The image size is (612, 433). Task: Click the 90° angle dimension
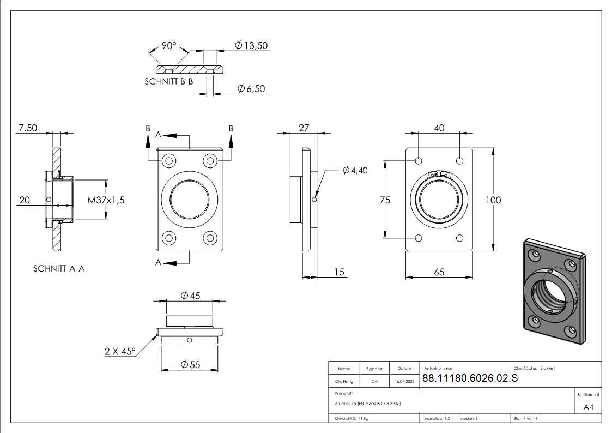pos(169,46)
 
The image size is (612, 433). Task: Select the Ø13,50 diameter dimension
pos(251,46)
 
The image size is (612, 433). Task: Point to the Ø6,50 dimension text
pos(251,88)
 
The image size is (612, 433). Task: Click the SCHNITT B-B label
pos(168,81)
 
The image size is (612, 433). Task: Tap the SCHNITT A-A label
pos(59,268)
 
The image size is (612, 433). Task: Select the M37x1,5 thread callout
pos(106,200)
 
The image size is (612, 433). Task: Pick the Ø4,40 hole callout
pos(355,171)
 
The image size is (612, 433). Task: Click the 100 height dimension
pos(493,200)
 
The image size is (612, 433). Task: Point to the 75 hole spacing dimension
pos(385,200)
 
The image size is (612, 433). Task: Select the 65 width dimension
pos(439,272)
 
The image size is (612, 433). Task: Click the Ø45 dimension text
pos(190,296)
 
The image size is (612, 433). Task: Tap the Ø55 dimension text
pos(190,364)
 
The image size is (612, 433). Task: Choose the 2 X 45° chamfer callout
pos(120,352)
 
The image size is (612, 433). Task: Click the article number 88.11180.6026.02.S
pos(470,380)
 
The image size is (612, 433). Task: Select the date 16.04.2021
pos(404,382)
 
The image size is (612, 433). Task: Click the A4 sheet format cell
pos(589,407)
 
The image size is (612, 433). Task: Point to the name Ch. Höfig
pos(344,382)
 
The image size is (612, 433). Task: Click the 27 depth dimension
pos(304,128)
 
